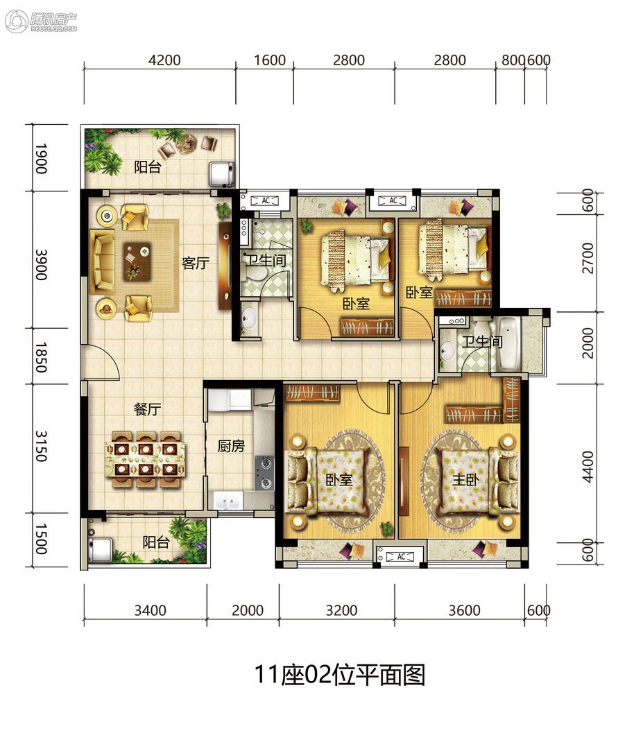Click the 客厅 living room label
pos(196,263)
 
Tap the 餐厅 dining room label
pos(147,409)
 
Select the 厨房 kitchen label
pos(231,446)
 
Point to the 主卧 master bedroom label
pos(465,479)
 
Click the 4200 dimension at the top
pos(164,60)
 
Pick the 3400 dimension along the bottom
pos(150,610)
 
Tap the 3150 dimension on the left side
pos(41,446)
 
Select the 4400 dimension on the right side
pos(588,467)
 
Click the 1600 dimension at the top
pos(270,60)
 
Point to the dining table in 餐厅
pos(146,459)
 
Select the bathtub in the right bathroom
pos(507,343)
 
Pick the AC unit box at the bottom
pos(400,556)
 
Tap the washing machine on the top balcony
pos(221,173)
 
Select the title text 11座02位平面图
pos(340,675)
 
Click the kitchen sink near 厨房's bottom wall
pos(228,501)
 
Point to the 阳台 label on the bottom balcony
pos(156,542)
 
